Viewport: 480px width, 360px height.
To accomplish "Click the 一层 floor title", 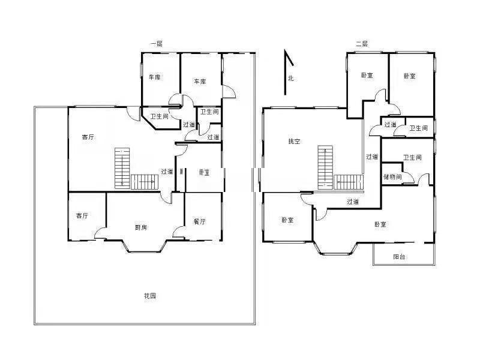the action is [x=156, y=44].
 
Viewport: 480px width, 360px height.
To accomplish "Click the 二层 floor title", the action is [x=362, y=44].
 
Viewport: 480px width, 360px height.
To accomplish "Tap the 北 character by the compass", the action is [x=290, y=79].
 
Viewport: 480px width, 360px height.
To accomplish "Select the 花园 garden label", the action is [x=150, y=296].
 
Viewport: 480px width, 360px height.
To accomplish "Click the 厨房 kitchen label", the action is [x=141, y=227].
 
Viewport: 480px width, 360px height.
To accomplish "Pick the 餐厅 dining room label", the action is [x=200, y=221].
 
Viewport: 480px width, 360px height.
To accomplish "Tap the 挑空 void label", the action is [x=294, y=141].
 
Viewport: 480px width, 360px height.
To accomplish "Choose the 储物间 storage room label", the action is [x=392, y=176].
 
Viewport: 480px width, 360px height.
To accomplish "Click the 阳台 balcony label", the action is [x=399, y=257].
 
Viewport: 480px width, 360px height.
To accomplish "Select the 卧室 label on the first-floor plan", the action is [x=204, y=172].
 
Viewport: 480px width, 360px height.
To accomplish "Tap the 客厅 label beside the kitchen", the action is [x=82, y=215].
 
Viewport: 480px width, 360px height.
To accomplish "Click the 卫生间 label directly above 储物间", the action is [x=412, y=157].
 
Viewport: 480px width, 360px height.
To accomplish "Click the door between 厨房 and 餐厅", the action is [x=178, y=232].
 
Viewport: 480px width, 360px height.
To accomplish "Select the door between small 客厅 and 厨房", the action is [x=100, y=233].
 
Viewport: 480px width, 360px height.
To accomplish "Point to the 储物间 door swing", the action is [x=408, y=178].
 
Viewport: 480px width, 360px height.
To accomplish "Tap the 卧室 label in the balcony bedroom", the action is [x=380, y=224].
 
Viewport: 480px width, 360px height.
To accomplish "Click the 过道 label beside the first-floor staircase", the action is [x=167, y=172].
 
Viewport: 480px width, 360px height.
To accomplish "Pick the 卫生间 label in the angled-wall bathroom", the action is [x=159, y=116].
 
